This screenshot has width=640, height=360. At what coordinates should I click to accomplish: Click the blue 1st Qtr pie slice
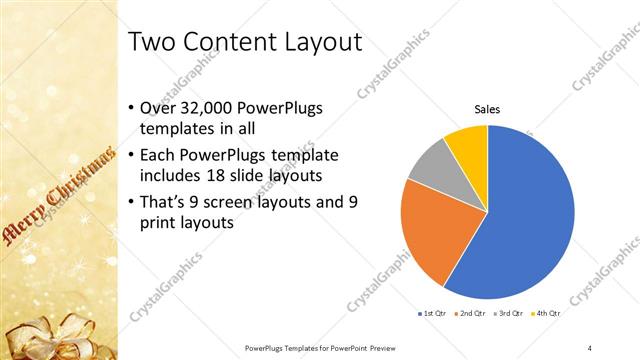click(x=530, y=215)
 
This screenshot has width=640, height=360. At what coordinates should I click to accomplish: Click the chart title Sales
click(x=486, y=109)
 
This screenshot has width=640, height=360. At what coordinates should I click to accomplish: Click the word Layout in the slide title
click(x=316, y=42)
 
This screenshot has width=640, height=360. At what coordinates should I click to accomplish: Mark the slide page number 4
click(x=590, y=347)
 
